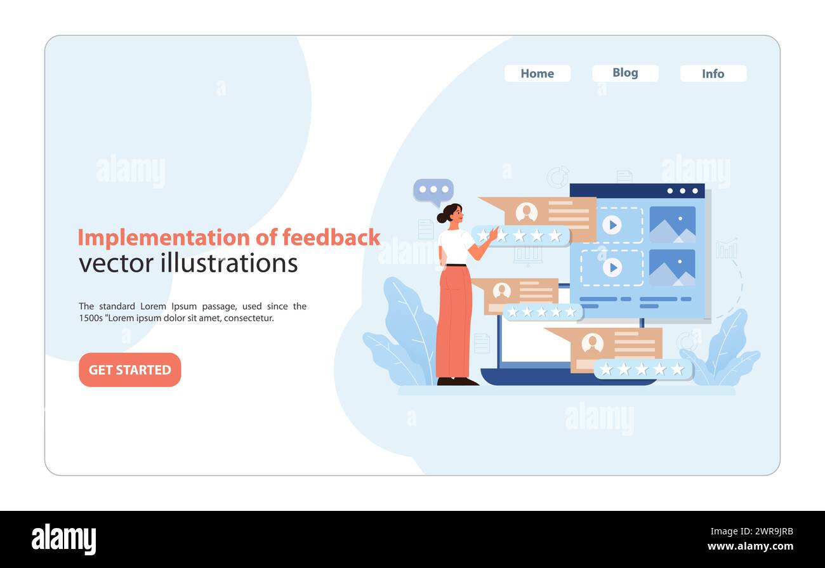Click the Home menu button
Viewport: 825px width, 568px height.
pos(537,74)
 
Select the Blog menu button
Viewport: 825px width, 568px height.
pos(625,73)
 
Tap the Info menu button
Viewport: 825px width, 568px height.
pos(713,74)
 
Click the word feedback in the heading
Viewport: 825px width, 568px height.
pos(331,237)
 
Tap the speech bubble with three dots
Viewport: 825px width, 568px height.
pos(433,190)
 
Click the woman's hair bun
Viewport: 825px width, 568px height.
pos(442,217)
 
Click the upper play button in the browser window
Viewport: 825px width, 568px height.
pos(611,225)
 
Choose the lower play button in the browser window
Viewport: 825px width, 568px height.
pos(612,268)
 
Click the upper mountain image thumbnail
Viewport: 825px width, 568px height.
pos(671,225)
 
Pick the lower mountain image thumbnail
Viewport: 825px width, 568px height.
pos(671,268)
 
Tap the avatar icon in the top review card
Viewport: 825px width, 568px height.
pos(526,213)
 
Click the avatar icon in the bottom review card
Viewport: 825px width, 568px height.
pos(592,343)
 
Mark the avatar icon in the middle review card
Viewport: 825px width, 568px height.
pos(501,291)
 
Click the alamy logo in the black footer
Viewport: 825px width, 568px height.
pos(63,539)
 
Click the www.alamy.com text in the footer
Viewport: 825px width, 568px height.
pos(749,546)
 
